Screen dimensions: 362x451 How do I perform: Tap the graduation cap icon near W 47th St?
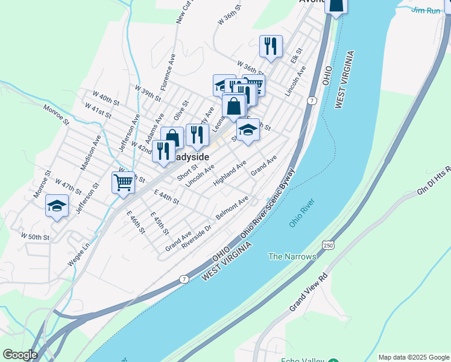coord(57,207)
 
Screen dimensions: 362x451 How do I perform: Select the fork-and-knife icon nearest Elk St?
coord(271,46)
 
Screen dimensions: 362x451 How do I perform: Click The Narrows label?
coord(292,256)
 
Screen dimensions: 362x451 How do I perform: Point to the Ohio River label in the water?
coord(302,215)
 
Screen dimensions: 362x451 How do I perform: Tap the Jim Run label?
coord(426,10)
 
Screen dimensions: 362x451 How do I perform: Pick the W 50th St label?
coord(34,237)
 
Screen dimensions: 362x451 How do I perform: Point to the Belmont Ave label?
coord(232,208)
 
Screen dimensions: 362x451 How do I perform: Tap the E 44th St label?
coord(166,196)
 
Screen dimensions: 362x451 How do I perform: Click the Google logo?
coord(20,355)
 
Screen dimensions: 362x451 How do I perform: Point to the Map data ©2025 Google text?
coord(413,357)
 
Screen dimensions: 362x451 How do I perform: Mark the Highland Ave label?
coord(230,173)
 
